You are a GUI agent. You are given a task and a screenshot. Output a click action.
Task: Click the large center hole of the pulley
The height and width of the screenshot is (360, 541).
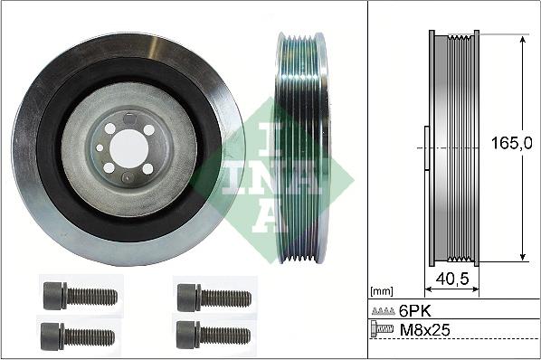128,148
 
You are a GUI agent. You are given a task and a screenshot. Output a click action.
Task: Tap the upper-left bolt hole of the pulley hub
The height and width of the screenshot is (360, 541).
110,129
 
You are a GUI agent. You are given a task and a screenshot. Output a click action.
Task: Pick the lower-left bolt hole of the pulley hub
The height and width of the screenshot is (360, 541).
109,167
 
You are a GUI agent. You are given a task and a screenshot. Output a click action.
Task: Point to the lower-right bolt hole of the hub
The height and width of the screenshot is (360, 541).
147,168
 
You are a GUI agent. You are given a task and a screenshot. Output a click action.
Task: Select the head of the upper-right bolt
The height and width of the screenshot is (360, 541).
188,296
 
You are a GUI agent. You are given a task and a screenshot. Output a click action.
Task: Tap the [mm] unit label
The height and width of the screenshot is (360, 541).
382,291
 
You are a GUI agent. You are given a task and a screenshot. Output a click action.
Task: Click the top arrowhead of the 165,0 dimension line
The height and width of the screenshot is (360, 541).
521,39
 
